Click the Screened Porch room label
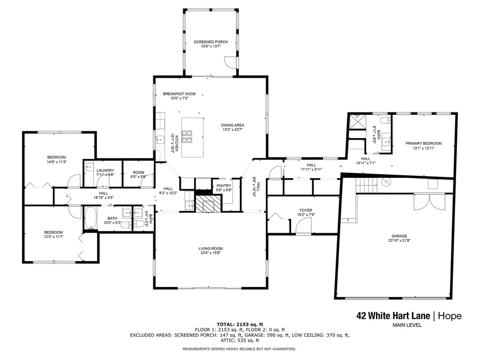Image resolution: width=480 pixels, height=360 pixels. point(210,42)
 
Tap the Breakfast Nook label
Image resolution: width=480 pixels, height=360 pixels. point(179,94)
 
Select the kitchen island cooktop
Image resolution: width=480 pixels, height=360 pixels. point(187,136)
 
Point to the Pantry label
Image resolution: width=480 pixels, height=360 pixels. point(224,186)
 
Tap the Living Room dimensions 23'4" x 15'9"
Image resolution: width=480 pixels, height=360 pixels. point(210,253)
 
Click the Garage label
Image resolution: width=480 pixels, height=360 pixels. point(399,236)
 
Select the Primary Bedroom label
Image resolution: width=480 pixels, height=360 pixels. point(423,143)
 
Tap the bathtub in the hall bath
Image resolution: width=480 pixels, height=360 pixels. point(90,218)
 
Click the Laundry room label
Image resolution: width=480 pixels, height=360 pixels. point(105,171)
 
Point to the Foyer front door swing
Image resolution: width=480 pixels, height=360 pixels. point(303,226)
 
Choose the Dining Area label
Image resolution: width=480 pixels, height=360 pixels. point(232,125)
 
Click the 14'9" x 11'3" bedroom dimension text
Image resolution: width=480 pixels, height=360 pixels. point(57,162)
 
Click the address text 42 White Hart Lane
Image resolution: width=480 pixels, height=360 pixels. point(393,315)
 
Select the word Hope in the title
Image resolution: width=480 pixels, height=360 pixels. point(450,316)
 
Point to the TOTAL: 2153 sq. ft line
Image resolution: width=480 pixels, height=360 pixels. point(240,324)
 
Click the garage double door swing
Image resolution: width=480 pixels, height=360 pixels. point(429,202)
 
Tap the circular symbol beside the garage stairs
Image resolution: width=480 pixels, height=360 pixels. point(386,182)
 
